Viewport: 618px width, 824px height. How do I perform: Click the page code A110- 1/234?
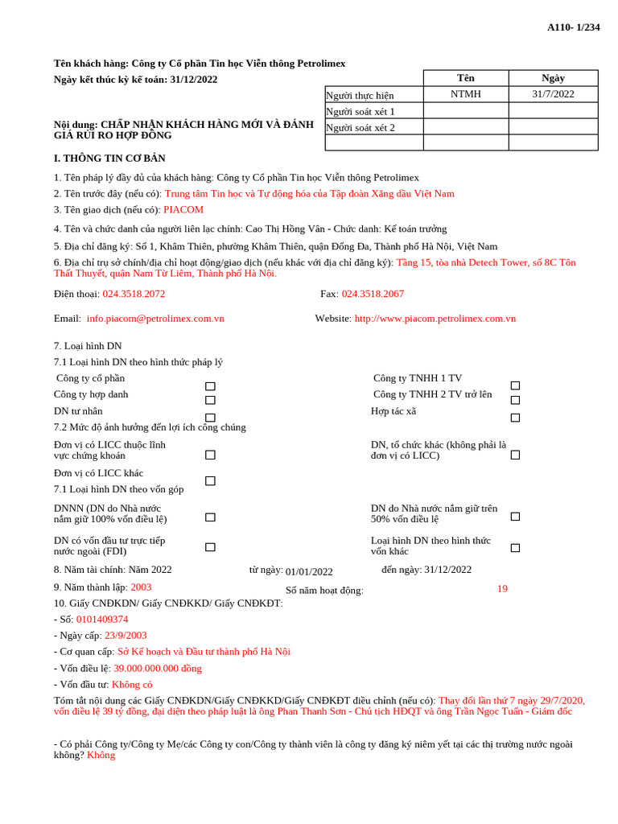573,27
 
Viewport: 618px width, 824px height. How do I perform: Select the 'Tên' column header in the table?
465,78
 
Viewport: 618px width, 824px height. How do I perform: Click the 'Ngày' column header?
553,78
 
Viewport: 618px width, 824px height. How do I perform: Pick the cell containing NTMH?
465,94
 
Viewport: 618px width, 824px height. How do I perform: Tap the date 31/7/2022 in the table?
553,94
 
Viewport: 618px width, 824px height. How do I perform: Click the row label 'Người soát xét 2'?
360,127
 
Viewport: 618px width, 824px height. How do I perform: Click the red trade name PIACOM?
183,210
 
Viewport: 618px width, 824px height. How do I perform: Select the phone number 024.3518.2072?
134,295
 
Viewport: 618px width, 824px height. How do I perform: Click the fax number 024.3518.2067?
373,295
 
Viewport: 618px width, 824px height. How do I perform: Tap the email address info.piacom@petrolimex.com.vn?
155,319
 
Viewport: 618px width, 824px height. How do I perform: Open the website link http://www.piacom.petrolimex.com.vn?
435,319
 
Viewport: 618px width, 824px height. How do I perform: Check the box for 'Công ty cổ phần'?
210,386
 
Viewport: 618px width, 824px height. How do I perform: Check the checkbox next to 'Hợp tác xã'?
515,418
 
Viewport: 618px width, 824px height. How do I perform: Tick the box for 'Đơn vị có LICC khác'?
210,480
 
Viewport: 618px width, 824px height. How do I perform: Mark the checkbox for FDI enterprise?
210,547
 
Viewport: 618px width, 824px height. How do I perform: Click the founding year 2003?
141,587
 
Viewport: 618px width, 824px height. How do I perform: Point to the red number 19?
502,589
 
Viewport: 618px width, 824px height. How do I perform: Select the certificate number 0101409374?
102,620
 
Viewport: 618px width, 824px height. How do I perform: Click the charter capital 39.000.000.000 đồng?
158,669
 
